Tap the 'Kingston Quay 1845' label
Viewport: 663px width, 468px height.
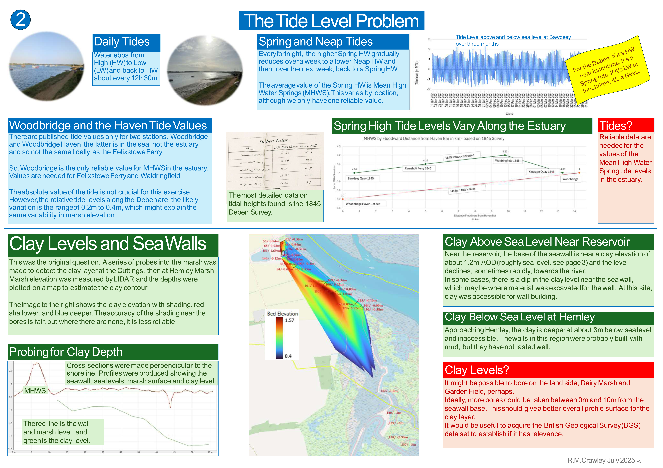[541, 172]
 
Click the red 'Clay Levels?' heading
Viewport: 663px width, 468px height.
[477, 370]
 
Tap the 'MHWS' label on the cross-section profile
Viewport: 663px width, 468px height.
[35, 390]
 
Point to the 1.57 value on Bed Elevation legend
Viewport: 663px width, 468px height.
[289, 320]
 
